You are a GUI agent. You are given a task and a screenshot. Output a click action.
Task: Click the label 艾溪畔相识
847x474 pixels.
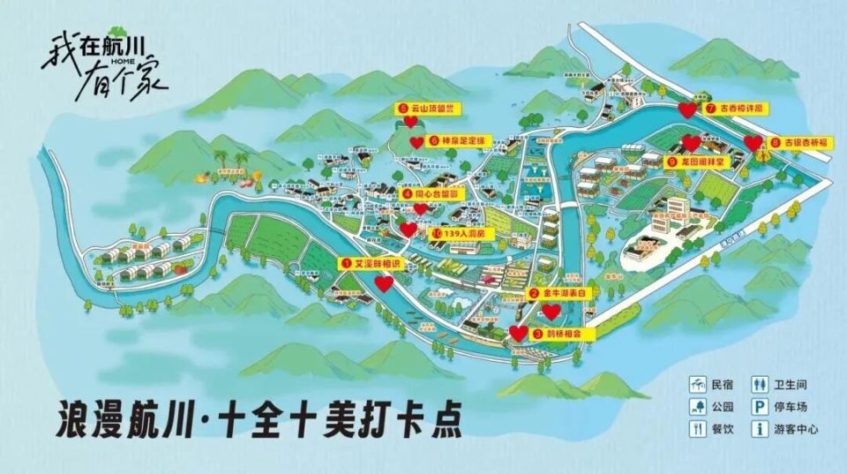pyautogui.click(x=377, y=263)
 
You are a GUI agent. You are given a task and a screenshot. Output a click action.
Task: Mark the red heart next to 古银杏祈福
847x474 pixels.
pyautogui.click(x=753, y=143)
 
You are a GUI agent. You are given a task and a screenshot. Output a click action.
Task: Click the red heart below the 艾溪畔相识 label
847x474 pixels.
pyautogui.click(x=384, y=283)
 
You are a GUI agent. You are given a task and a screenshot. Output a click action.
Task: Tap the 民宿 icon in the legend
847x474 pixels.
pyautogui.click(x=699, y=385)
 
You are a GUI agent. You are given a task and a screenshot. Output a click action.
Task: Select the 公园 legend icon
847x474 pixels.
pyautogui.click(x=699, y=407)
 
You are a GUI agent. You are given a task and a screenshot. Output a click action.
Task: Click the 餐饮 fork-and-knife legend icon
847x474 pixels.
pyautogui.click(x=699, y=430)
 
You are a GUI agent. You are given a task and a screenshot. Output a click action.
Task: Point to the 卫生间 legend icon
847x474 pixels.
pyautogui.click(x=757, y=385)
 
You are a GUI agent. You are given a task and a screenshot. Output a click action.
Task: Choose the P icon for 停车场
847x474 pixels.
pyautogui.click(x=757, y=407)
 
